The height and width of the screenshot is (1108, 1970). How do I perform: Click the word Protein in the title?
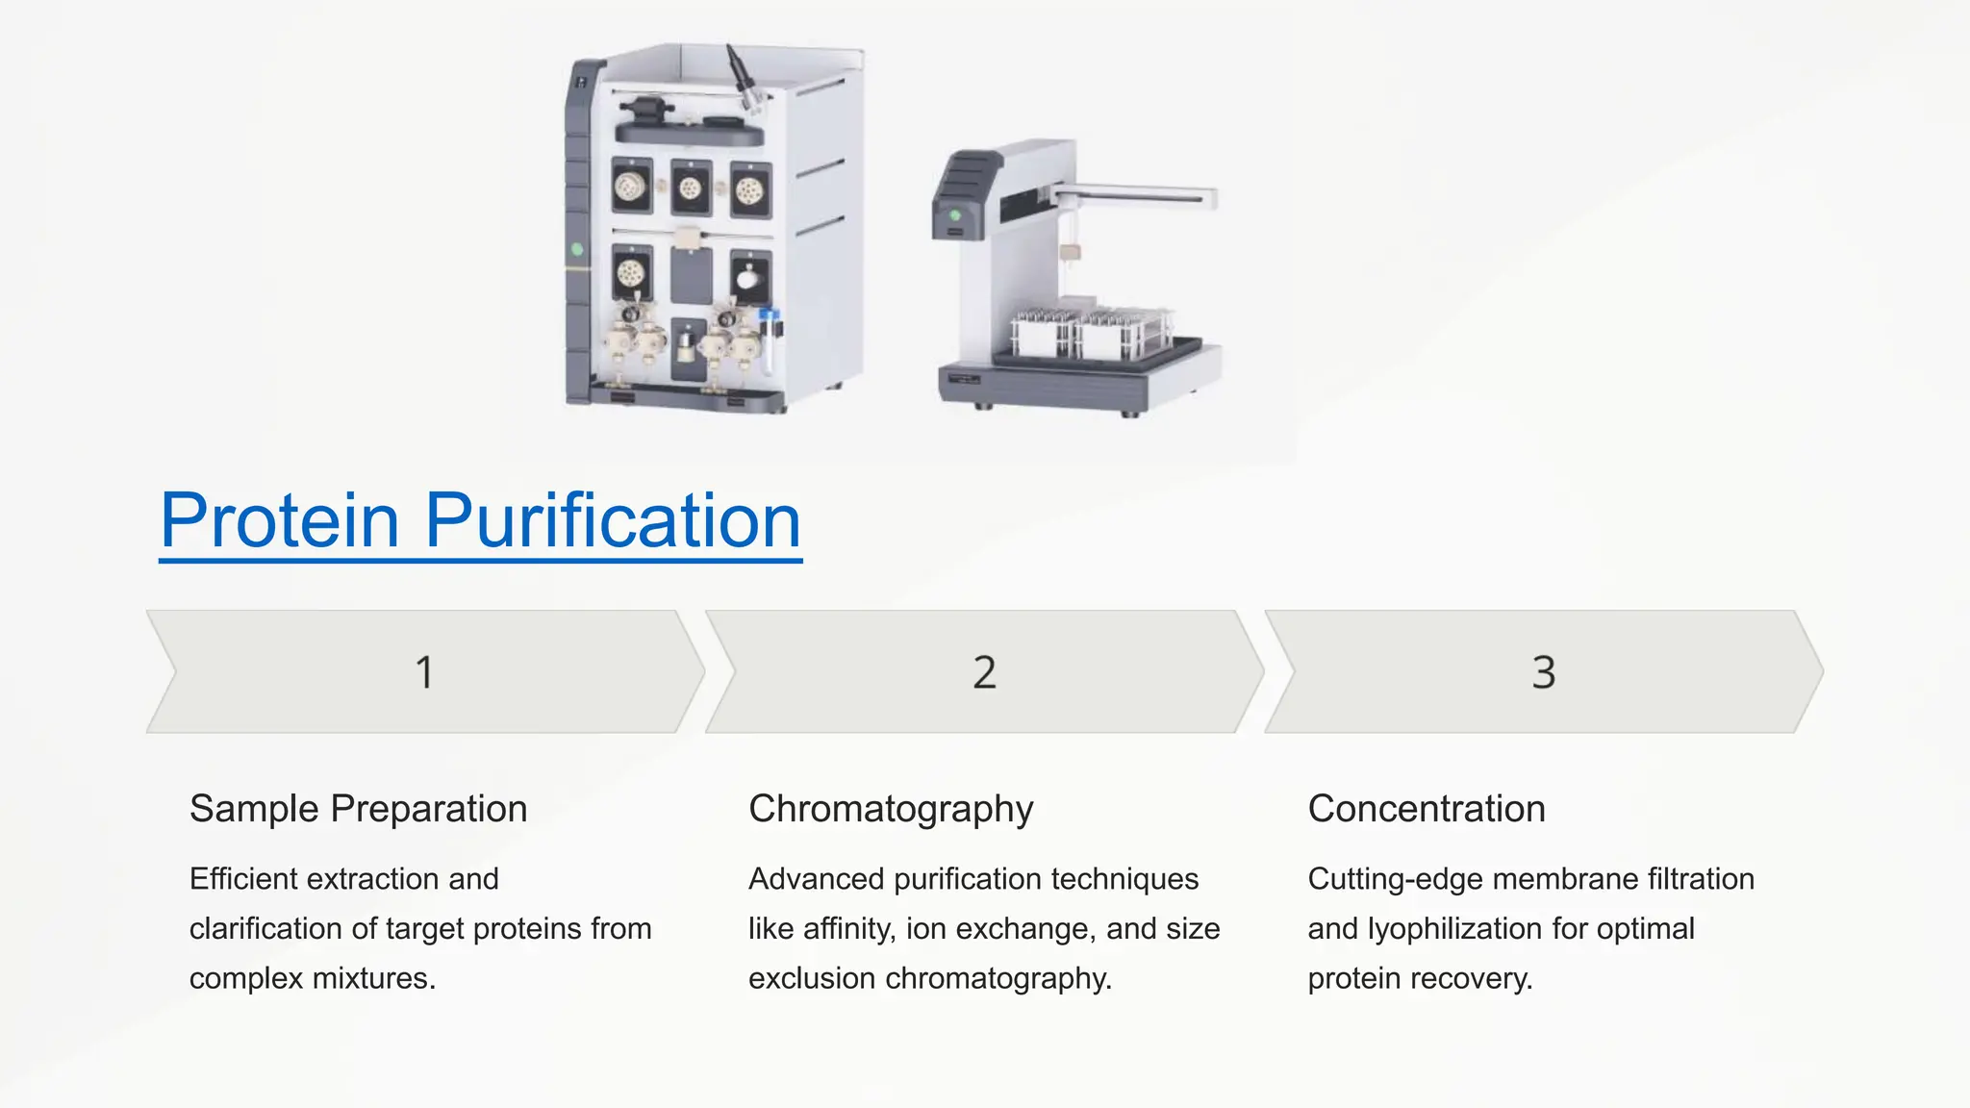coord(279,520)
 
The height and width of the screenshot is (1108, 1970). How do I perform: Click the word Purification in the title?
coord(613,520)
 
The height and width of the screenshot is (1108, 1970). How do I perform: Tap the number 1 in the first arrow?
coord(424,672)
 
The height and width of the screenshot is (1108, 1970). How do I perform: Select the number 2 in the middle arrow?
coord(984,672)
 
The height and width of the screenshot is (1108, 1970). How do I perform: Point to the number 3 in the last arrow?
coord(1543,672)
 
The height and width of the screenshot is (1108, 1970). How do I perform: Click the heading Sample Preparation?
coord(358,809)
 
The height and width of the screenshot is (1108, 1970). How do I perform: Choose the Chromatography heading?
coord(891,809)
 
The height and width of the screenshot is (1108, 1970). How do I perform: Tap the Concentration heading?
coord(1427,809)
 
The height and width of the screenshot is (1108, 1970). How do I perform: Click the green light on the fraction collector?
coord(955,215)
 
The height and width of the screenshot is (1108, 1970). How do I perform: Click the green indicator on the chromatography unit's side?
coord(577,249)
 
